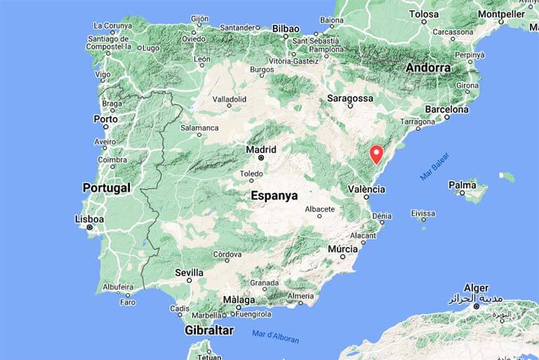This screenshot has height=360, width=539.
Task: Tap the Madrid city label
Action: [261, 149]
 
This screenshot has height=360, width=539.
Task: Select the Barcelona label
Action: [446, 109]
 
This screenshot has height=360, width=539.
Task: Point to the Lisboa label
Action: [89, 219]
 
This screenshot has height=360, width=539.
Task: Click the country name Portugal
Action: [107, 188]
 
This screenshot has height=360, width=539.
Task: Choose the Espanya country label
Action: [274, 196]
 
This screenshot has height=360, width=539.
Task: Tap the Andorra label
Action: [428, 68]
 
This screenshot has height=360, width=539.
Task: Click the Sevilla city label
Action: [189, 272]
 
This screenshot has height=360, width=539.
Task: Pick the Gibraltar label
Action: [208, 330]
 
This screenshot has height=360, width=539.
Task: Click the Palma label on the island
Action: [463, 185]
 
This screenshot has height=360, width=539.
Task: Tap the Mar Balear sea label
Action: [434, 167]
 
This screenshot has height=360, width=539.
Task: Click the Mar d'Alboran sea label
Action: [275, 336]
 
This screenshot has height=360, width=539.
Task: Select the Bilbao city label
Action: [286, 29]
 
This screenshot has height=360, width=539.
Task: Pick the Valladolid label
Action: [229, 100]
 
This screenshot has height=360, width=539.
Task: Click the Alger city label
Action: [477, 288]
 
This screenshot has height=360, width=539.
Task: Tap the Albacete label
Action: [321, 209]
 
